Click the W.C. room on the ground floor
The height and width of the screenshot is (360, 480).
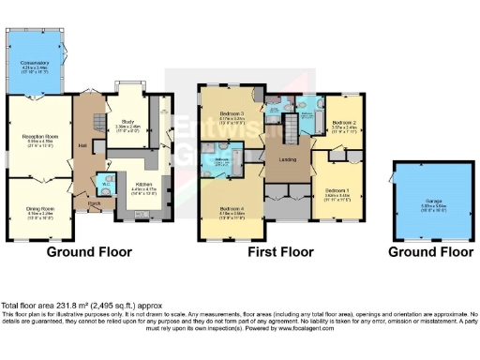click(109, 184)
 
